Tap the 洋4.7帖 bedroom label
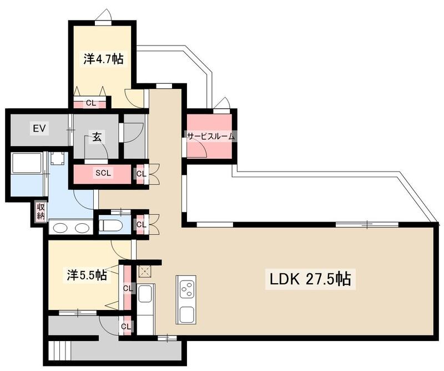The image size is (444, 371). [104, 59]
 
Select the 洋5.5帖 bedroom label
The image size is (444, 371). [87, 274]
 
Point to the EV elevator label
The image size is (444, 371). [39, 129]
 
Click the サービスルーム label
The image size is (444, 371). [210, 136]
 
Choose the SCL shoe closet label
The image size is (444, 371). [103, 173]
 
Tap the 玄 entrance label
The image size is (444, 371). [97, 137]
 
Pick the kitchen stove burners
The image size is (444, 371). [186, 289]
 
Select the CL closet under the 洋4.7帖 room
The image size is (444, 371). [90, 103]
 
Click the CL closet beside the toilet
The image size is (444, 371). [142, 225]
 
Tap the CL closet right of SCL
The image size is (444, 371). [141, 173]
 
